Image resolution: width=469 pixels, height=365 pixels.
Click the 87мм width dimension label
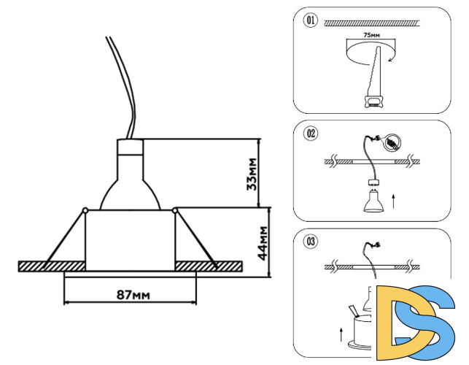click(x=133, y=295)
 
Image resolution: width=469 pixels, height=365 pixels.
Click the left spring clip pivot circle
click(x=85, y=212)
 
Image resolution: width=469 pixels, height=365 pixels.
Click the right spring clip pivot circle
click(x=177, y=212)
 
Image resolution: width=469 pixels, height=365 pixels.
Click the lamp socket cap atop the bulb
click(x=131, y=151)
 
